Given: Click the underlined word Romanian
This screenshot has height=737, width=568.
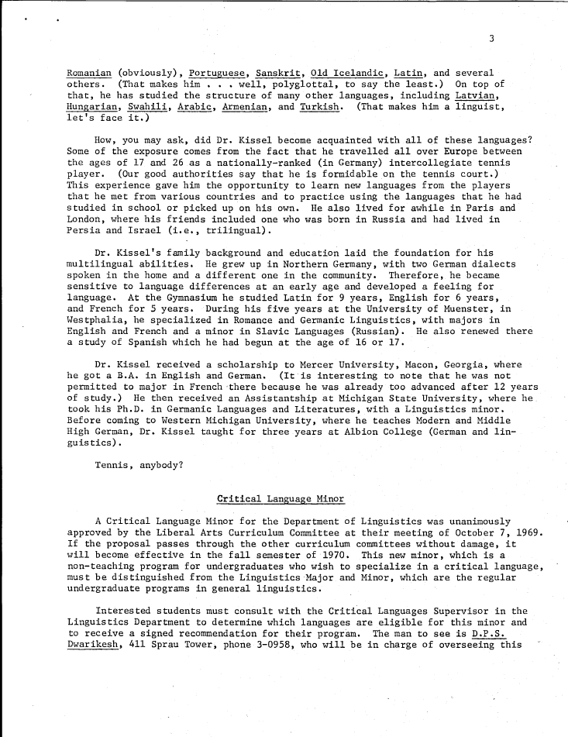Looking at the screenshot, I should [x=89, y=73].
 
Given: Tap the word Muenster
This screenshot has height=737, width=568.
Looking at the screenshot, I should [x=484, y=307].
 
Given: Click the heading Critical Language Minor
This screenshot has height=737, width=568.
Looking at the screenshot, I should [x=281, y=498].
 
